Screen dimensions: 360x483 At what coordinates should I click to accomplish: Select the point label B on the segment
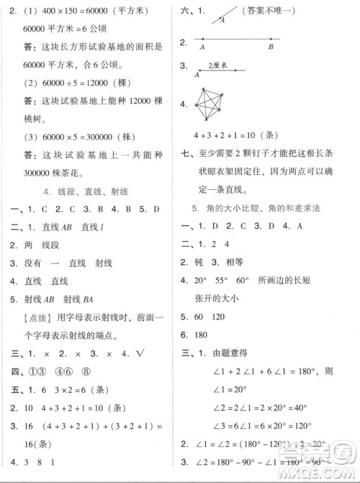(x=271, y=48)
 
